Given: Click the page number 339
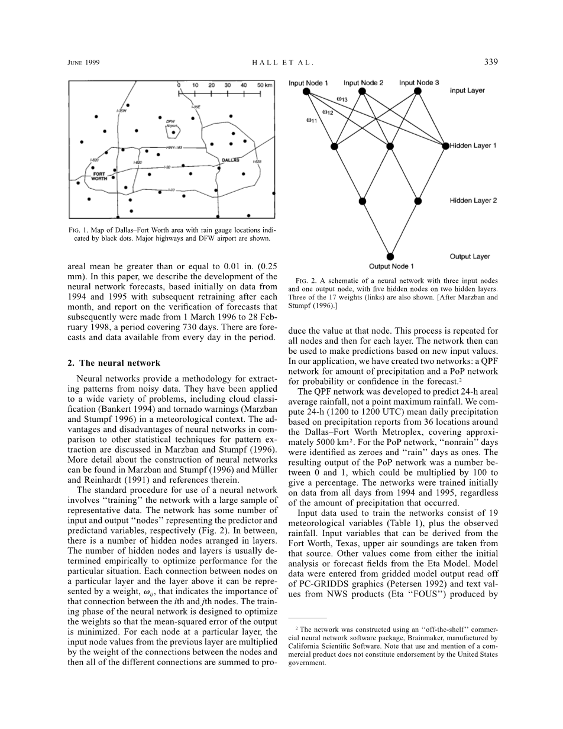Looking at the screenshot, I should [x=491, y=61].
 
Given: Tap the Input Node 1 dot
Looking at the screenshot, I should [x=306, y=91].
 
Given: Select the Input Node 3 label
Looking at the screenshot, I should [x=419, y=83].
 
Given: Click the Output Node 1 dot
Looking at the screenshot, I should [x=390, y=257].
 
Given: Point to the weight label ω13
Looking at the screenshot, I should [x=342, y=99].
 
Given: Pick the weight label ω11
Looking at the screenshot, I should [x=311, y=120].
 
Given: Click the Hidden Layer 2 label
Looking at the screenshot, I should [x=473, y=201].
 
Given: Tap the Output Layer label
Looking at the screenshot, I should [x=470, y=257].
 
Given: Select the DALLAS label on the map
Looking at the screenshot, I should [x=230, y=160].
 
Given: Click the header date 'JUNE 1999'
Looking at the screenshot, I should [x=83, y=62].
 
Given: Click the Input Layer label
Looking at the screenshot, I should [x=467, y=91].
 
